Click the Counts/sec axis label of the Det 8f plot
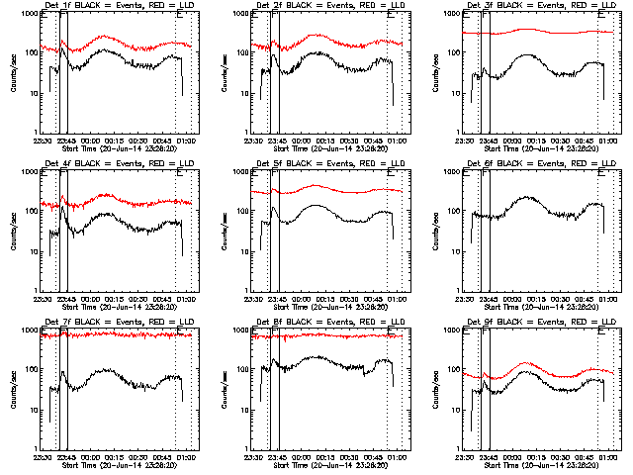click(226, 391)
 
